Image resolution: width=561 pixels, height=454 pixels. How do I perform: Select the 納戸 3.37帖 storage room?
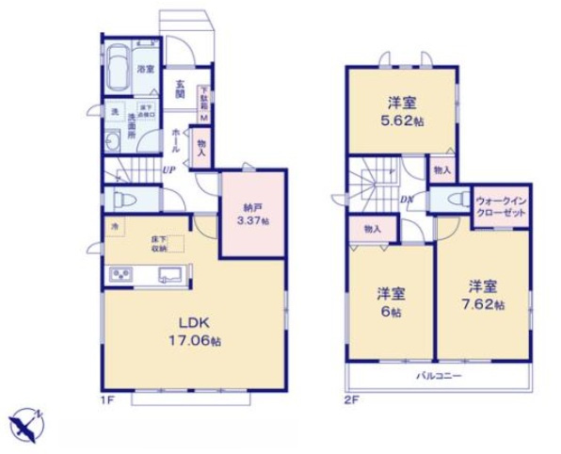[x=251, y=215]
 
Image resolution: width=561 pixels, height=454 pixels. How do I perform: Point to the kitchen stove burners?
[x=121, y=275]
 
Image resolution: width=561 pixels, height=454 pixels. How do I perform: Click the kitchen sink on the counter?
[x=169, y=275]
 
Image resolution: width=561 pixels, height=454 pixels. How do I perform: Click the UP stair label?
[x=168, y=170]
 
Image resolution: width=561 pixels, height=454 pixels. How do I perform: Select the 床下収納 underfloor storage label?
[x=157, y=244]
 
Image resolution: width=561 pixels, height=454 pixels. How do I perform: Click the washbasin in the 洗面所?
[x=112, y=142]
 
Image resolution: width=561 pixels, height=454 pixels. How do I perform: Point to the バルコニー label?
[x=440, y=376]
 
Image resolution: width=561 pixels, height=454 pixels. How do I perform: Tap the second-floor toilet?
[x=454, y=201]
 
